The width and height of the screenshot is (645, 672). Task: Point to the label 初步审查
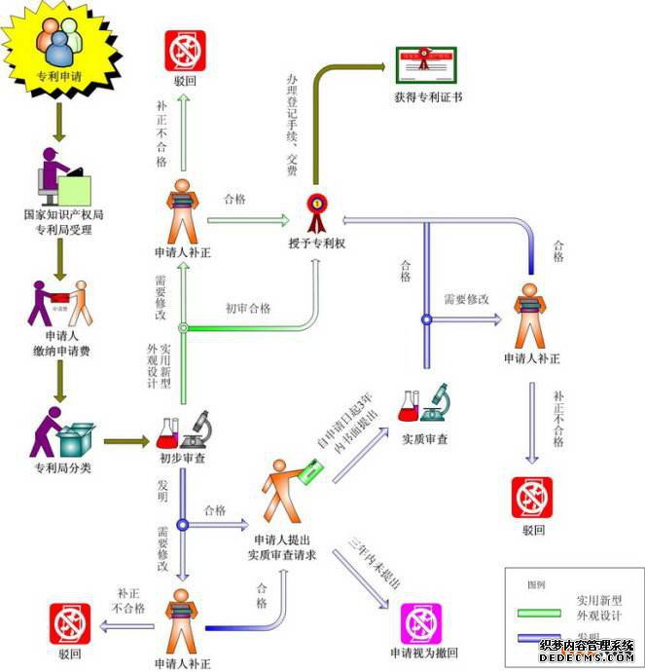pos(182,457)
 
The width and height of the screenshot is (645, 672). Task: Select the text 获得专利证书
pos(429,97)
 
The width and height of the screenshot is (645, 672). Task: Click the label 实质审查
pos(425,439)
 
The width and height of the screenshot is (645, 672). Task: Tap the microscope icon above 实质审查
pos(435,400)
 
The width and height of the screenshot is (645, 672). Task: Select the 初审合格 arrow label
pos(248,309)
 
